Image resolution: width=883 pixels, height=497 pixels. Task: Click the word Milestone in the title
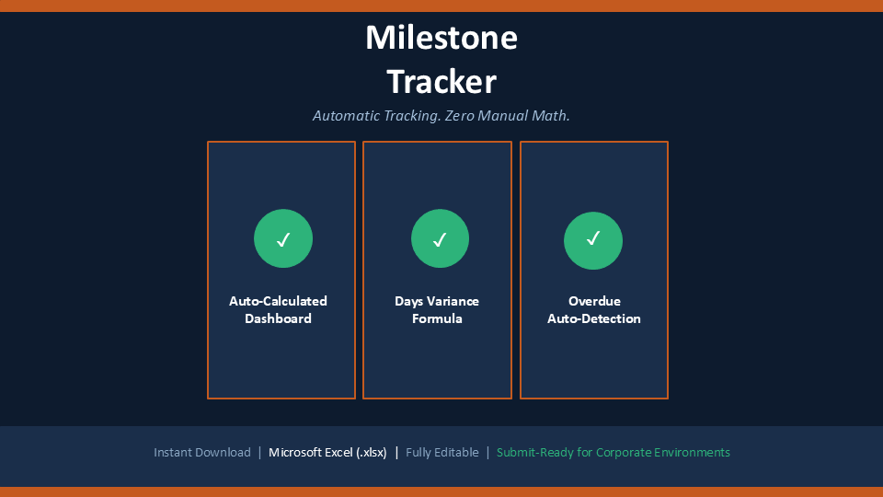coord(441,38)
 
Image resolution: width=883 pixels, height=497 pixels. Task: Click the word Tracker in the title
coord(441,82)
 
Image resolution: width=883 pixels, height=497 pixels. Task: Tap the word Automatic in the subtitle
coord(346,116)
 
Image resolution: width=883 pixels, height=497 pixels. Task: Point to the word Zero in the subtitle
coord(459,116)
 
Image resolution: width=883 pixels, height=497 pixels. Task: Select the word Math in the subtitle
coord(550,116)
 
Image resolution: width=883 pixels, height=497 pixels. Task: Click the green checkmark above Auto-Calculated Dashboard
coord(283,238)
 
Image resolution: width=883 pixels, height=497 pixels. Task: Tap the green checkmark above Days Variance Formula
coord(440,238)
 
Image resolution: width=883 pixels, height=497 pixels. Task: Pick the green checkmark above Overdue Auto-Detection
coord(593,240)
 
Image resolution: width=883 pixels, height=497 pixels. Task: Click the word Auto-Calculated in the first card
coord(278,301)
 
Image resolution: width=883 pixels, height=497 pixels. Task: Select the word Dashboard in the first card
coord(278,318)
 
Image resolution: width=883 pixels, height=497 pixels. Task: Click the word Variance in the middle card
coord(453,301)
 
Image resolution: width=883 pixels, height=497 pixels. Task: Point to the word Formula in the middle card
coord(437,318)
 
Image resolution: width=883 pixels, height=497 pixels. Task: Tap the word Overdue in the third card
coord(594,301)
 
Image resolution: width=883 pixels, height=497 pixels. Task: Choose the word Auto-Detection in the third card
coord(594,318)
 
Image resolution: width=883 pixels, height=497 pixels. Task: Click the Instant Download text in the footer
coord(202,453)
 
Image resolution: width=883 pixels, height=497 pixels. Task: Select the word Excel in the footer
coord(338,453)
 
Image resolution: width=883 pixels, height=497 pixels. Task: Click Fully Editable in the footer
coord(442,453)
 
